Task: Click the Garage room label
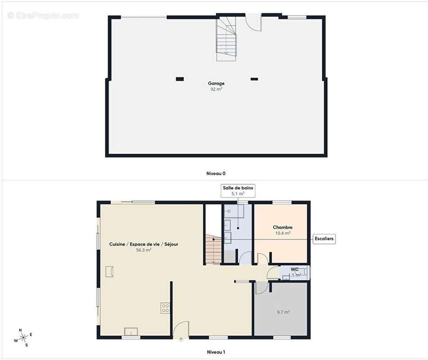[216, 83]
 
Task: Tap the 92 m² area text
[216, 89]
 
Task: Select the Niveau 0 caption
[216, 173]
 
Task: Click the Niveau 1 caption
[216, 352]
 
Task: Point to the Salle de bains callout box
[238, 190]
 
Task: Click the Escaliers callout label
[324, 238]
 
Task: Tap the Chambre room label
[282, 228]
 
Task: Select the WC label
[295, 270]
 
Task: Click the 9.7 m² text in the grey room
[283, 312]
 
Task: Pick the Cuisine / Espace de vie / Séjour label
[144, 244]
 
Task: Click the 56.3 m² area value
[143, 250]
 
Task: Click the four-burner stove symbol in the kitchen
[165, 308]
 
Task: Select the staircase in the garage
[226, 38]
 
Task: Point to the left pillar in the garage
[180, 79]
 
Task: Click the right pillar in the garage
[254, 79]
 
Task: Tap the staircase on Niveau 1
[213, 249]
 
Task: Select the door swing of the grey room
[261, 288]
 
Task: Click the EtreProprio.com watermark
[43, 15]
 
